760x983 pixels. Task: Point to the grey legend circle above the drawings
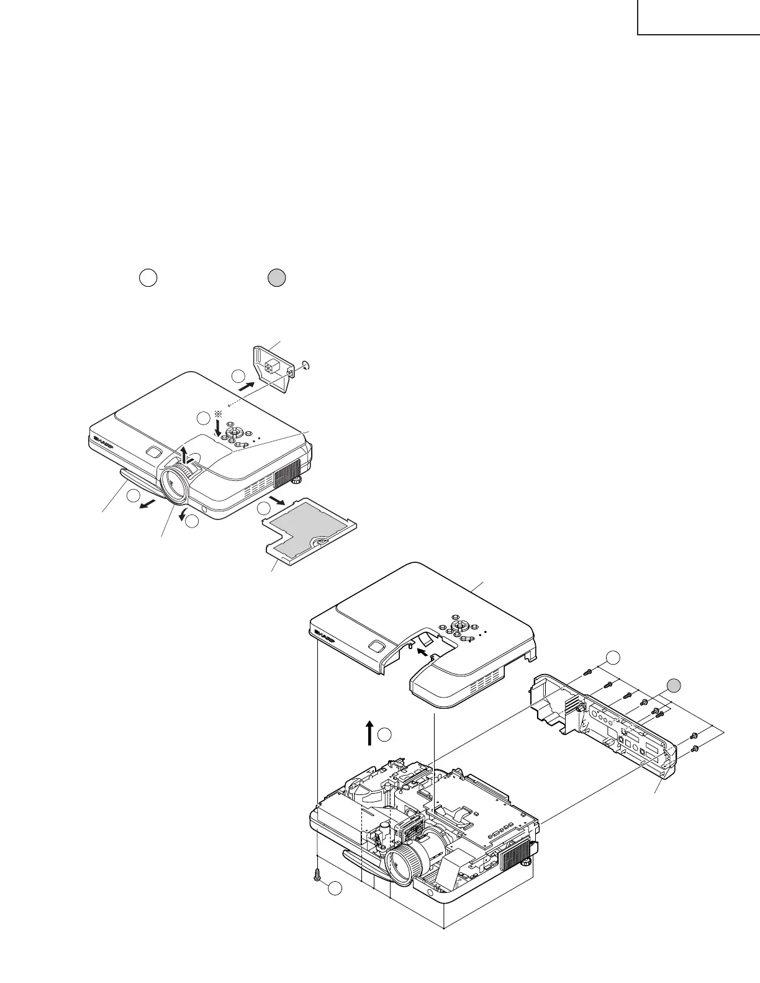(276, 279)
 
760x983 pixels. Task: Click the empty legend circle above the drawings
(147, 278)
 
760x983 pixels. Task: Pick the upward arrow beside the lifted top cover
(369, 732)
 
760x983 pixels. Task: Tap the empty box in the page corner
(699, 17)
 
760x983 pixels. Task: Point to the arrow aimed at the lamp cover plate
(247, 385)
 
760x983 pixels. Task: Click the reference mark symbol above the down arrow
(217, 414)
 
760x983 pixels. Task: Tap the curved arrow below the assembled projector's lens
(183, 515)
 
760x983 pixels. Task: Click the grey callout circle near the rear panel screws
(675, 685)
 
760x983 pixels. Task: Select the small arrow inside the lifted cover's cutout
(422, 652)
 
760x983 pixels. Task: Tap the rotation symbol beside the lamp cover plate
(305, 365)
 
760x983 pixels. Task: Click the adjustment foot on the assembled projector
(297, 478)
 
